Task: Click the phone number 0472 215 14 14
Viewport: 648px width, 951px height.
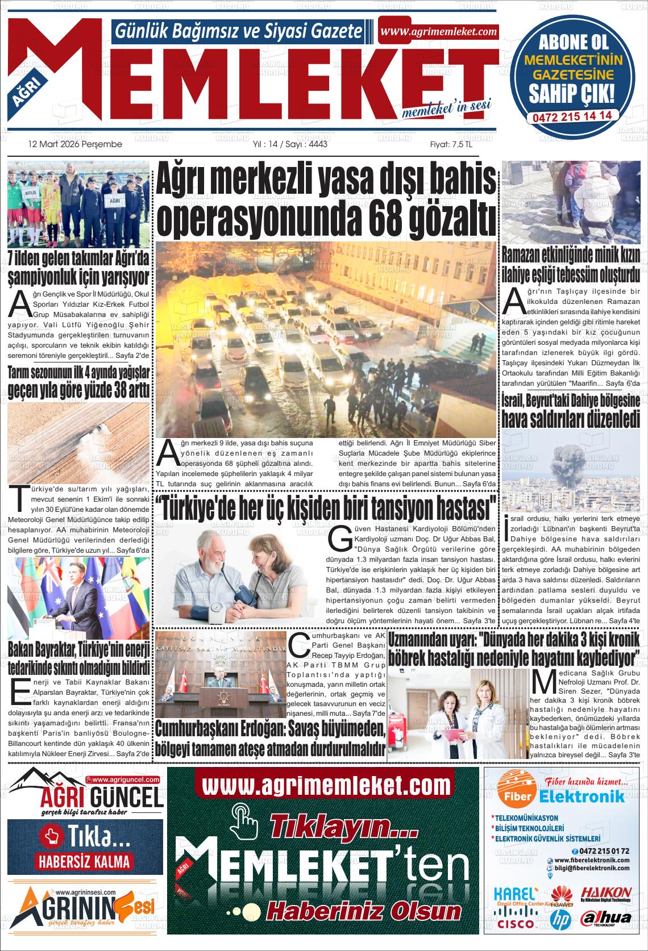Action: [572, 115]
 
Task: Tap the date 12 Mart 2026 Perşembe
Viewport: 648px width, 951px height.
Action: [75, 144]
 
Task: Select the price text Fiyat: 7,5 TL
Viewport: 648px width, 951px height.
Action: [451, 144]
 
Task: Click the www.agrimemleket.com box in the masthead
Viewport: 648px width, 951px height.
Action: [438, 32]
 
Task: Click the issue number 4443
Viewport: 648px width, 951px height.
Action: [316, 144]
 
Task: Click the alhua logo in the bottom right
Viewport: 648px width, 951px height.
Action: [607, 918]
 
